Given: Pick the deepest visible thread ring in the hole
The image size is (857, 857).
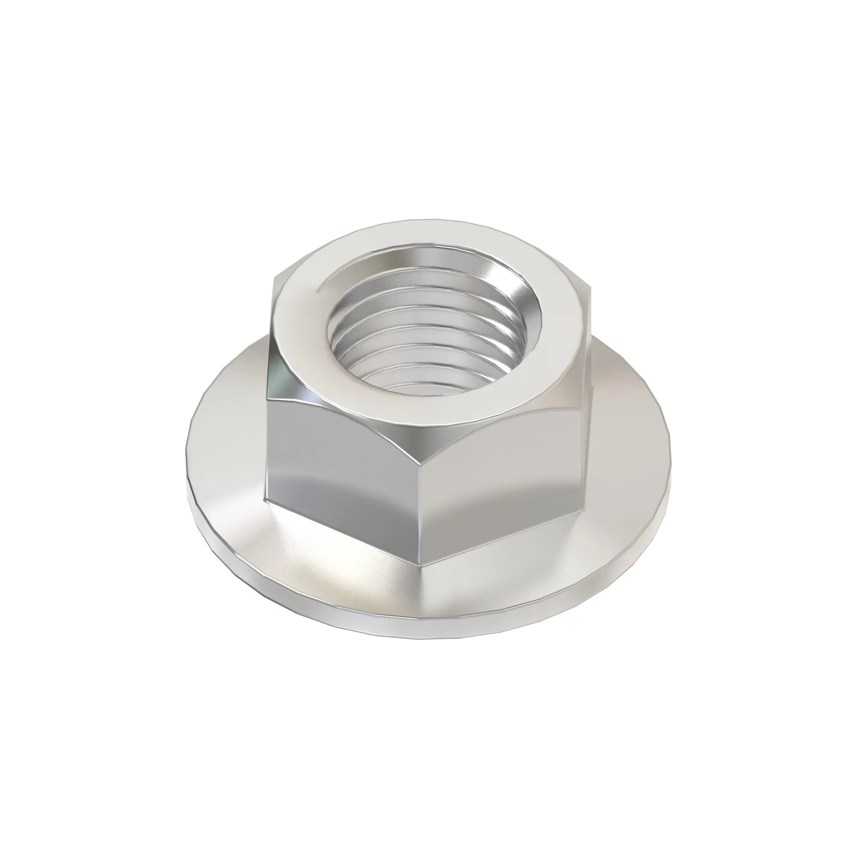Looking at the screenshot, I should click(x=426, y=388).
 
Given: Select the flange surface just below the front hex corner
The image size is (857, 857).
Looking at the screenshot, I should click(x=421, y=594).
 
